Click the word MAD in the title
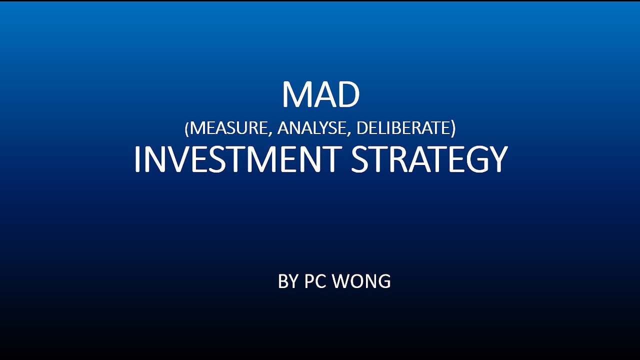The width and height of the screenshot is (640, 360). (x=320, y=94)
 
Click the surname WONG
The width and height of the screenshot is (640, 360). (x=361, y=281)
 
